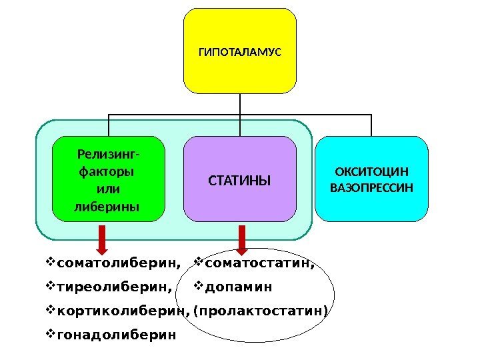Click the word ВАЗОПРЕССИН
372,187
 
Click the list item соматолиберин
119,263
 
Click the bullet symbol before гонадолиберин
52,334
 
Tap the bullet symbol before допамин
198,287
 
